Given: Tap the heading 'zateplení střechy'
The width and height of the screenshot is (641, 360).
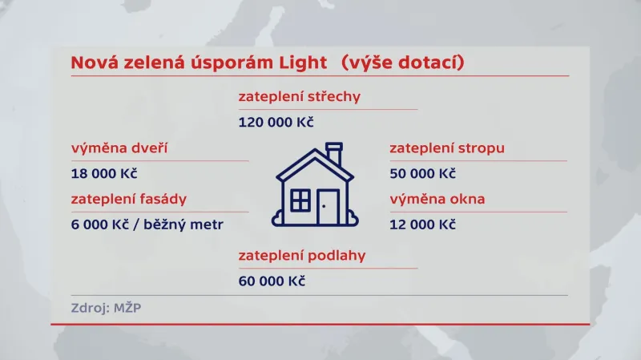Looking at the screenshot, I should (299, 97).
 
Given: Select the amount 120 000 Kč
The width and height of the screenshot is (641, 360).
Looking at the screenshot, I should (276, 122).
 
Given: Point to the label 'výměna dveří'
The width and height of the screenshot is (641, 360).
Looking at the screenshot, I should (119, 148).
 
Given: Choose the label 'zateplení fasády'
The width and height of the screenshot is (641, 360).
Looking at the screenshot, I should (133, 199).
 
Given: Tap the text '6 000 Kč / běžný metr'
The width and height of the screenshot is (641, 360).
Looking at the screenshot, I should (147, 224).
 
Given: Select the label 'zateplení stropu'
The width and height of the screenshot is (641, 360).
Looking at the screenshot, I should (447, 148).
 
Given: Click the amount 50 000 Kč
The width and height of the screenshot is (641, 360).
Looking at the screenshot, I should (422, 173).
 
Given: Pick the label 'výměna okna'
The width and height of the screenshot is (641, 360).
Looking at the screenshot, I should (437, 199).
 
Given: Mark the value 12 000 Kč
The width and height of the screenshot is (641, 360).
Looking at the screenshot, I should (422, 224).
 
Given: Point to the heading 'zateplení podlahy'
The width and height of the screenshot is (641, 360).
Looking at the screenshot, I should (301, 256).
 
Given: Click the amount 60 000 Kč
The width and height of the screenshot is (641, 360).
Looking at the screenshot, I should (272, 281).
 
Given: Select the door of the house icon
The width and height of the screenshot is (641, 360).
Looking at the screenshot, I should (328, 207).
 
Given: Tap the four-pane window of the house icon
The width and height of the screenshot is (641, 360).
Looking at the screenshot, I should (300, 200).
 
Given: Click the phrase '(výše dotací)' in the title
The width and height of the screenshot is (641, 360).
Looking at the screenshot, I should (401, 62).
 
